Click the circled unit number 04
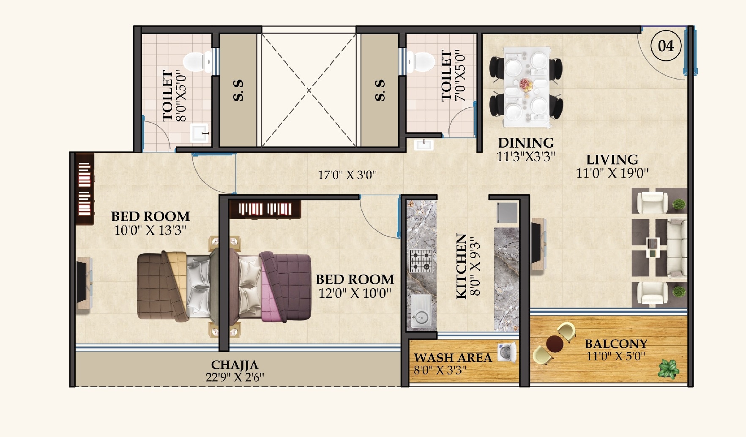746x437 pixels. click(x=666, y=46)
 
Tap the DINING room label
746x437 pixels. click(x=525, y=143)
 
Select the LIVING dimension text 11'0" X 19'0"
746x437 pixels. click(x=612, y=173)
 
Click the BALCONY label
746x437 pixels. click(x=616, y=344)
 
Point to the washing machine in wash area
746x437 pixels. click(x=507, y=352)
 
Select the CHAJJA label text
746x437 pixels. click(x=235, y=365)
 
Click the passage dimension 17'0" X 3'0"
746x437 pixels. click(x=347, y=175)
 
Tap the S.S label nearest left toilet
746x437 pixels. click(x=238, y=90)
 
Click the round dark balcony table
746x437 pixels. click(x=555, y=344)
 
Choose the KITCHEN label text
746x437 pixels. click(x=461, y=266)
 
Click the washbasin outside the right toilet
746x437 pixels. click(x=423, y=145)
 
